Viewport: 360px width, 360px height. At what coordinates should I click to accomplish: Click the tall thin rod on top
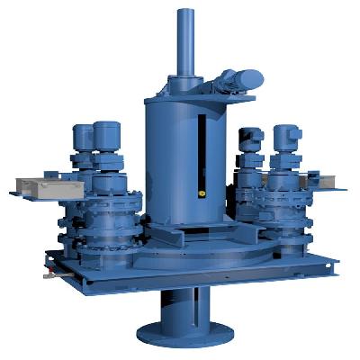(x=186, y=40)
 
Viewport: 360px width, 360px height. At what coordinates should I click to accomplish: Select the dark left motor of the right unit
(x=249, y=142)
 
